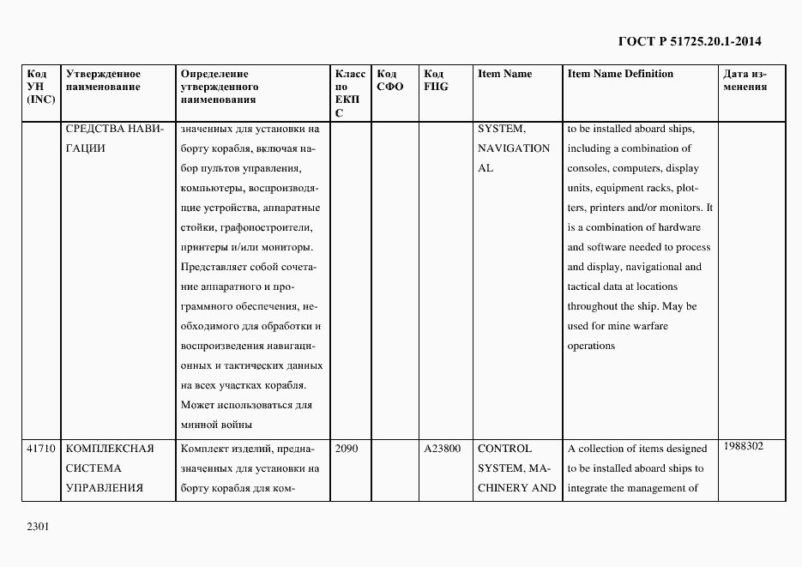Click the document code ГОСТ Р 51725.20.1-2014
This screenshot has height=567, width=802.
pyautogui.click(x=689, y=40)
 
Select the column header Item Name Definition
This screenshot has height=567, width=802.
pyautogui.click(x=620, y=74)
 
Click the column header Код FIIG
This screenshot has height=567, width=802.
pyautogui.click(x=436, y=80)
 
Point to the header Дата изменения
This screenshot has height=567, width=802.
pyautogui.click(x=745, y=80)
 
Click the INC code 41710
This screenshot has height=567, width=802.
pyautogui.click(x=41, y=449)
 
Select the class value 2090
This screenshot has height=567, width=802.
pyautogui.click(x=347, y=449)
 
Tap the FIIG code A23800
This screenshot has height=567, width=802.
pyautogui.click(x=443, y=449)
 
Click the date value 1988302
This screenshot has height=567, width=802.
pyautogui.click(x=743, y=446)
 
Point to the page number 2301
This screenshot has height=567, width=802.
pyautogui.click(x=39, y=525)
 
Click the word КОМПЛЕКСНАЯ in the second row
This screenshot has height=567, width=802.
pyautogui.click(x=109, y=449)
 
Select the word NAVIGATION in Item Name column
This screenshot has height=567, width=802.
pyautogui.click(x=514, y=148)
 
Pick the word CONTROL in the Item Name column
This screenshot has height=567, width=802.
pyautogui.click(x=504, y=449)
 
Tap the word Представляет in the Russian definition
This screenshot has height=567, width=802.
pyautogui.click(x=215, y=267)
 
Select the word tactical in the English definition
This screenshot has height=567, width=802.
pyautogui.click(x=587, y=287)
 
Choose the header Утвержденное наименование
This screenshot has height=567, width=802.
pyautogui.click(x=103, y=80)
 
